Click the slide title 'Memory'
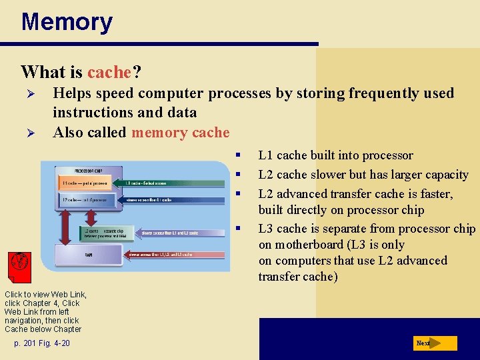point(67,22)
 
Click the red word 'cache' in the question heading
point(109,71)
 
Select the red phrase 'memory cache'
point(180,132)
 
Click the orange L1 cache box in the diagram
point(83,182)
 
